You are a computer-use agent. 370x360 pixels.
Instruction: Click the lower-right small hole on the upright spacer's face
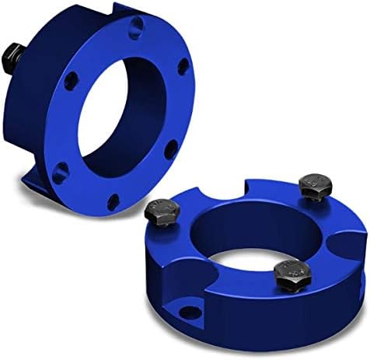(169, 149)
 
